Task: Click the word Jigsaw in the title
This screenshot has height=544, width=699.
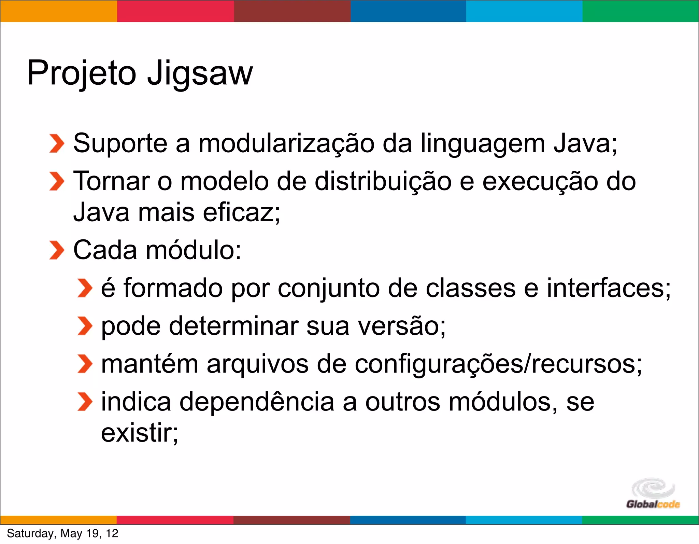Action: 200,73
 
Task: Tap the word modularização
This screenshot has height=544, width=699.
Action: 286,143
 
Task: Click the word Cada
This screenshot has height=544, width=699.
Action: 105,250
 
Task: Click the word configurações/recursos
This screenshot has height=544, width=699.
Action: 498,364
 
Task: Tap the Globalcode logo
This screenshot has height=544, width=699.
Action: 653,494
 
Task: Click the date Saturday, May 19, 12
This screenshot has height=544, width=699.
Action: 62,533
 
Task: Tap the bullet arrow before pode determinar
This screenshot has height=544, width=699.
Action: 85,326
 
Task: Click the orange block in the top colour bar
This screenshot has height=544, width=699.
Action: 58,11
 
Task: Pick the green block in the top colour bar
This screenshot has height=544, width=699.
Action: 641,11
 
